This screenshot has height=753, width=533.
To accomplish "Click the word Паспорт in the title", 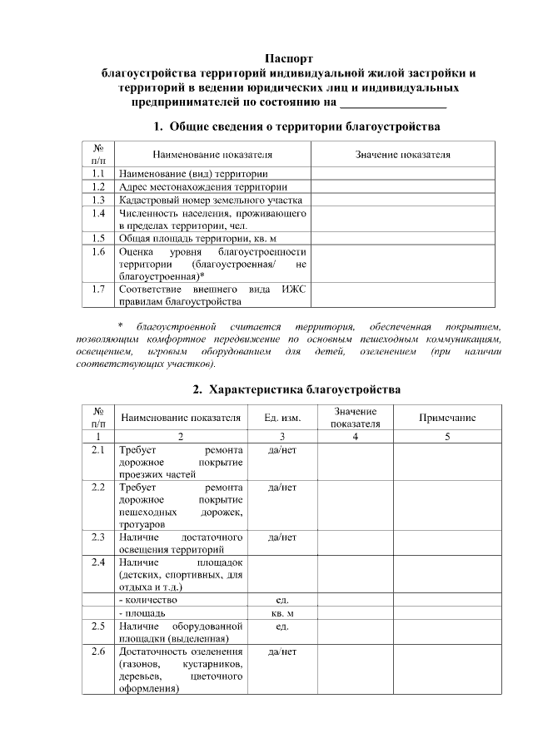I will click(x=289, y=58).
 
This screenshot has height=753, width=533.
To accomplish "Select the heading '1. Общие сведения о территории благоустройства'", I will click(x=296, y=126).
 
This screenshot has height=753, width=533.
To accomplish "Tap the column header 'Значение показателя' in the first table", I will click(x=403, y=155).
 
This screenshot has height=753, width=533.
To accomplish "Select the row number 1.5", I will click(x=98, y=237).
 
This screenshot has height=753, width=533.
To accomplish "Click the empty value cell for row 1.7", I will click(x=403, y=295).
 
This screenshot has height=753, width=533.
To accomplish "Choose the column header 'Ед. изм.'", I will click(x=282, y=418).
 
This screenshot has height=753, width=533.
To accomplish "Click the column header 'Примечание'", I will click(x=447, y=418).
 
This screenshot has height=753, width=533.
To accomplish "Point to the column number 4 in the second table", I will click(x=355, y=437).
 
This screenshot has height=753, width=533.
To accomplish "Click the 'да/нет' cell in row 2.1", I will click(x=282, y=450).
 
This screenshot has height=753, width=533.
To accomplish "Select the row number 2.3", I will click(x=98, y=538).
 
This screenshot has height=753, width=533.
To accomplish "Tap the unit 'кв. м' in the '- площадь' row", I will click(x=282, y=612).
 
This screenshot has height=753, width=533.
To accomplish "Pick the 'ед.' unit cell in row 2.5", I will click(x=282, y=626).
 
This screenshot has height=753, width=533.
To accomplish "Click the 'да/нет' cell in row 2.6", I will click(x=282, y=651).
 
